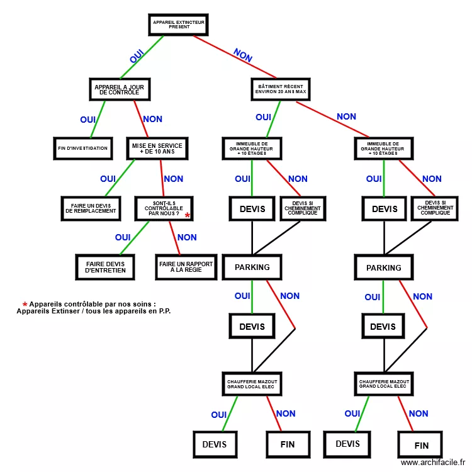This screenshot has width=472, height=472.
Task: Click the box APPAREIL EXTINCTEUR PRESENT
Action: point(178,25)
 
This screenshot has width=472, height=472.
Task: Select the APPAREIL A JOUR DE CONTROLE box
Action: point(120,89)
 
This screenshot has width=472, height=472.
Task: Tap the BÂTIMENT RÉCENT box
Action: point(281,89)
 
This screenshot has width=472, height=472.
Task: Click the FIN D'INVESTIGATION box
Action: point(82,149)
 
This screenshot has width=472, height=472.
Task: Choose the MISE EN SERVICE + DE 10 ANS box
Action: point(157,149)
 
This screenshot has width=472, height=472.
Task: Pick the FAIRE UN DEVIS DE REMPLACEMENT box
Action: point(91,208)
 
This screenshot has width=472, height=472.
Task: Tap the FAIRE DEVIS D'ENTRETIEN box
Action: point(105,267)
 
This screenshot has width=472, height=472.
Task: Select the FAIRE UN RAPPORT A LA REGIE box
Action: point(186,267)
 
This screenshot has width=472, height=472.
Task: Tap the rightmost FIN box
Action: point(421,446)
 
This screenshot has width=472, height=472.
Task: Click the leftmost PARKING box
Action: point(252,267)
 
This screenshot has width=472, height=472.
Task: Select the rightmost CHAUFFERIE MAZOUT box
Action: point(384,384)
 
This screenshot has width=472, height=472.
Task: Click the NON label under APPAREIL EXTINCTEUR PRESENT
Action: point(243,55)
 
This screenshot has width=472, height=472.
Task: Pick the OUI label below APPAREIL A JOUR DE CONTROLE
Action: point(87,120)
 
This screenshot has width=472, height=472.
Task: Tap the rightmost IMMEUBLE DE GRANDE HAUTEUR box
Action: point(384,149)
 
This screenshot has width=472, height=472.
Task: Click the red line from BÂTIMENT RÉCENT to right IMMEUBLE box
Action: point(334,119)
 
